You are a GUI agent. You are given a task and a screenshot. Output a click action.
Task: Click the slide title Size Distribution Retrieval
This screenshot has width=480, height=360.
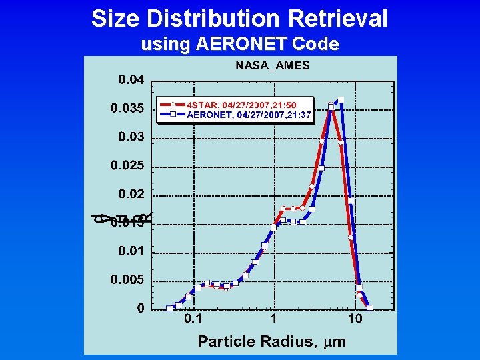(239, 19)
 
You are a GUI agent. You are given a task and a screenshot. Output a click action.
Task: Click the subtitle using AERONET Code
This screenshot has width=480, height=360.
(240, 45)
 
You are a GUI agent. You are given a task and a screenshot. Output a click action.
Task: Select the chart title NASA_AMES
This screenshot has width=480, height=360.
(272, 66)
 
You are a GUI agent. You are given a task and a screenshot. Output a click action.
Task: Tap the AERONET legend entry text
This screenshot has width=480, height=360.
(248, 115)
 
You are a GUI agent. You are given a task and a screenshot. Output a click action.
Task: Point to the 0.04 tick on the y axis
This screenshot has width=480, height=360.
(131, 80)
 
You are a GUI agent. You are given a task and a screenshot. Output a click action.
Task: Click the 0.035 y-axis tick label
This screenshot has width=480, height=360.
(127, 108)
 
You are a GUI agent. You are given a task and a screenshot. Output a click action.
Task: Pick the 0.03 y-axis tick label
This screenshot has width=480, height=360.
(131, 137)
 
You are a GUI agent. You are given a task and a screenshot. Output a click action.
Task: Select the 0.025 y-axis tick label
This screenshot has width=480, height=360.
(127, 165)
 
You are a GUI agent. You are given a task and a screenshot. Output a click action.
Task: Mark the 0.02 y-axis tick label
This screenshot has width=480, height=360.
(131, 194)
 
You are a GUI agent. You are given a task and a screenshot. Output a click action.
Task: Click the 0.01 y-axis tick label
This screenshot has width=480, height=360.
(131, 251)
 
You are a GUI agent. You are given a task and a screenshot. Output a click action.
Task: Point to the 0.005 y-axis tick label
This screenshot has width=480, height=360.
(127, 280)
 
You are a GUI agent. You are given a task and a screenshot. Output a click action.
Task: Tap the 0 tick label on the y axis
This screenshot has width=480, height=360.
(141, 308)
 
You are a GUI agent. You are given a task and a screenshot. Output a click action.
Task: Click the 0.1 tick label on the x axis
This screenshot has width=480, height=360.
(193, 319)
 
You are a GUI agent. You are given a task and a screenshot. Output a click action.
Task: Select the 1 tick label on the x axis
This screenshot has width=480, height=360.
(274, 319)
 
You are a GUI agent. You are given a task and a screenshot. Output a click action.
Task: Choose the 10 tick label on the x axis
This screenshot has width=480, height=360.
(355, 319)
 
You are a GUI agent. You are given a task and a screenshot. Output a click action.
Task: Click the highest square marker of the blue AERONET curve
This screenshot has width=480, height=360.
(341, 100)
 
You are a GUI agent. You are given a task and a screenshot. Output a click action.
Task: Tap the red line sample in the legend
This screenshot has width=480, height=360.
(172, 105)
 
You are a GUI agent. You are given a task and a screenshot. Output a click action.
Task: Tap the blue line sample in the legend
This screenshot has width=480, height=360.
(172, 115)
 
